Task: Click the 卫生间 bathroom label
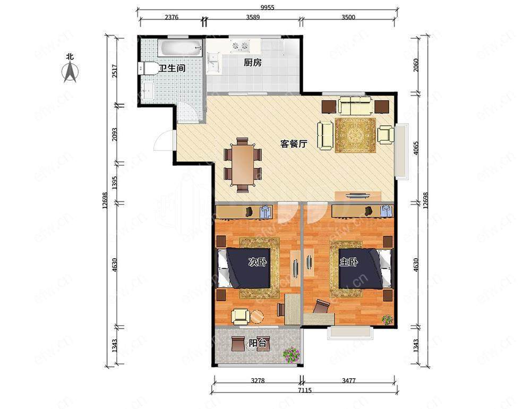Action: pyautogui.click(x=173, y=68)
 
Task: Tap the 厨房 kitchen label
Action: pyautogui.click(x=253, y=62)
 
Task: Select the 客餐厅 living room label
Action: pyautogui.click(x=294, y=143)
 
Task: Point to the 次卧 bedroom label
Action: pyautogui.click(x=258, y=262)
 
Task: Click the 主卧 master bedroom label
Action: pyautogui.click(x=349, y=262)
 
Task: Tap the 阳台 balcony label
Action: pyautogui.click(x=258, y=343)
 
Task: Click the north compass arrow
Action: pyautogui.click(x=71, y=72)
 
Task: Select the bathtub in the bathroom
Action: pyautogui.click(x=180, y=48)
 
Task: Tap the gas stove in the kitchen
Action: pyautogui.click(x=240, y=45)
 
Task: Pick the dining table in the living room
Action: pyautogui.click(x=243, y=165)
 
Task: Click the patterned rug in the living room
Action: pyautogui.click(x=356, y=135)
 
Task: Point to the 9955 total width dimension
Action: pyautogui.click(x=267, y=8)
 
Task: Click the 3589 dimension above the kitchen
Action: pyautogui.click(x=253, y=17)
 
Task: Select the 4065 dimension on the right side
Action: pyautogui.click(x=416, y=148)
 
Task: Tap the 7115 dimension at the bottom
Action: pyautogui.click(x=305, y=390)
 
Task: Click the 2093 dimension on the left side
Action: pyautogui.click(x=115, y=134)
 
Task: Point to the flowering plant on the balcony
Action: pyautogui.click(x=292, y=355)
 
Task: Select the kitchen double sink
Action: pyautogui.click(x=213, y=63)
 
